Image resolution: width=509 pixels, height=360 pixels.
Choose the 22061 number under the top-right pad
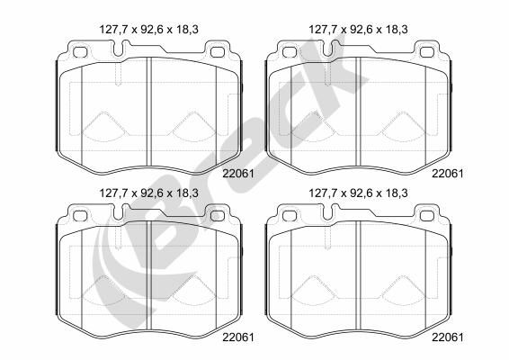pos(448,171)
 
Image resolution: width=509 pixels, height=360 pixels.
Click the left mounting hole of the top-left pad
pos(77,51)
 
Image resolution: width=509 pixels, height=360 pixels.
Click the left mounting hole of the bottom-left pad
pos(77,214)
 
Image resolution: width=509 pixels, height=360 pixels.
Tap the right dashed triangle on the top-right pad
pos(401,126)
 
